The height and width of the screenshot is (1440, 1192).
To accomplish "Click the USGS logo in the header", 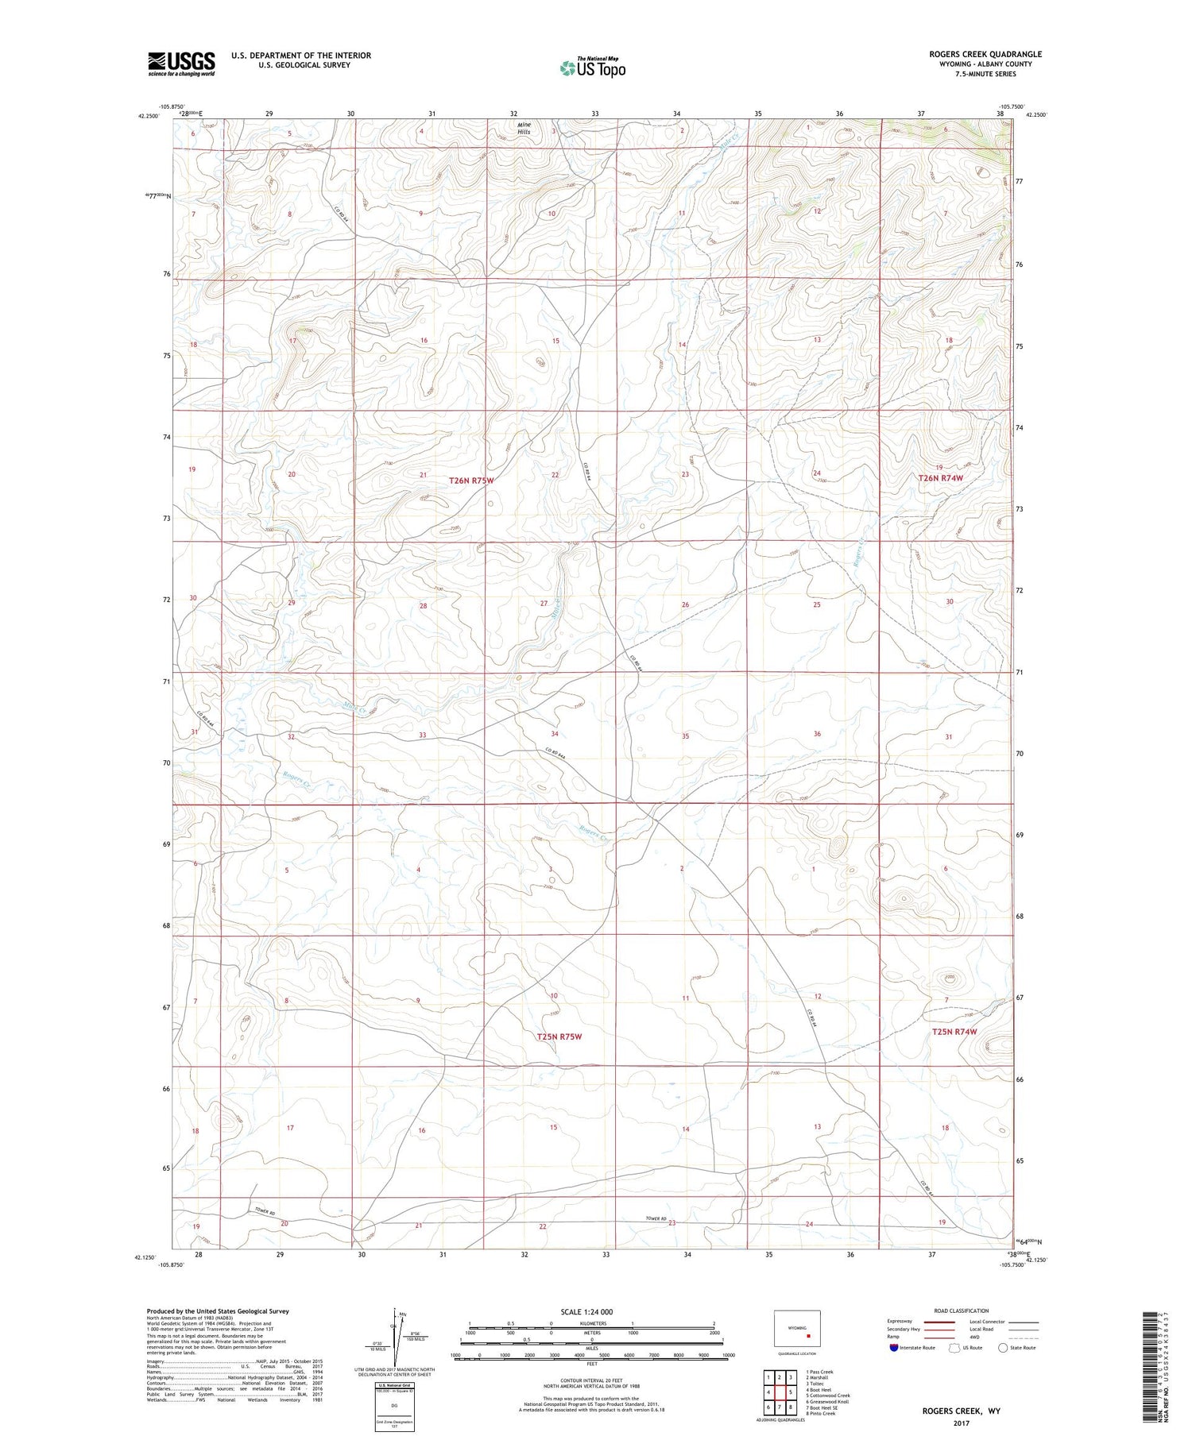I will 181,64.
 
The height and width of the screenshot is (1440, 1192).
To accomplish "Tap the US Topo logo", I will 593,68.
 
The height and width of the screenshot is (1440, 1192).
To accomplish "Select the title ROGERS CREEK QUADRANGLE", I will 985,54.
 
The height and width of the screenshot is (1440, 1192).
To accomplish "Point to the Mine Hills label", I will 523,128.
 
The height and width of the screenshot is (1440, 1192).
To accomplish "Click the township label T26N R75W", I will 471,481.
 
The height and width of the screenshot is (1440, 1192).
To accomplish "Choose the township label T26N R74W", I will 941,478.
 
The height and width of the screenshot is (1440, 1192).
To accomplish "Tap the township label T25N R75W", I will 559,1037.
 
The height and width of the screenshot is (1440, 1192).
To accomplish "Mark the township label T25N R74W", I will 954,1032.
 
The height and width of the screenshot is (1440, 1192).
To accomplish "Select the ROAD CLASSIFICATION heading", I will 962,1311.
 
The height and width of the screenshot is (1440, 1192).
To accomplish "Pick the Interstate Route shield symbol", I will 894,1348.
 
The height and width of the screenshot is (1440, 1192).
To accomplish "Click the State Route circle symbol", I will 1003,1348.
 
